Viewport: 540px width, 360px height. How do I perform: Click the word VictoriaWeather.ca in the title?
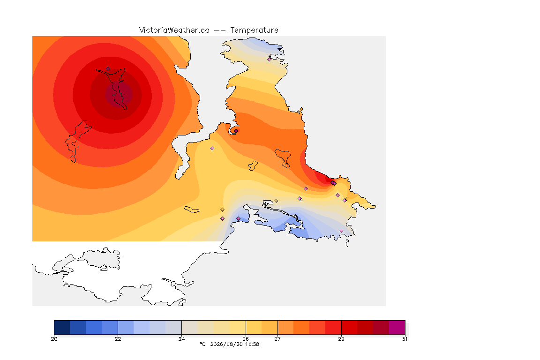click(174, 30)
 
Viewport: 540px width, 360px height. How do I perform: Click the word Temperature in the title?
click(254, 30)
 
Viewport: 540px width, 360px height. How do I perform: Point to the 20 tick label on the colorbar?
click(54, 339)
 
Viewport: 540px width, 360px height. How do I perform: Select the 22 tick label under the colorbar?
click(118, 339)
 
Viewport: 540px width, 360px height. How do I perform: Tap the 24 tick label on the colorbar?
click(181, 339)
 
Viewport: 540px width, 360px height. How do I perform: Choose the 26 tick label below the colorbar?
click(246, 339)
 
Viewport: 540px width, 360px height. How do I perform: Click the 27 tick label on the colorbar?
click(277, 339)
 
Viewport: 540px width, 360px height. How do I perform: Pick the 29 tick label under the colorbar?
click(341, 339)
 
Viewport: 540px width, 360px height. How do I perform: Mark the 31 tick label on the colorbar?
click(405, 339)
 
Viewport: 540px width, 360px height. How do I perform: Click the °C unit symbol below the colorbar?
click(202, 344)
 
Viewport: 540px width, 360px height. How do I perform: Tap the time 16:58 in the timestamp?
click(252, 344)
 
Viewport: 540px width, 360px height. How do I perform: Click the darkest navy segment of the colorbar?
click(62, 327)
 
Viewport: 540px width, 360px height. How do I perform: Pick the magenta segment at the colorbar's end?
click(397, 327)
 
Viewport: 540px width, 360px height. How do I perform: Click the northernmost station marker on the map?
click(270, 59)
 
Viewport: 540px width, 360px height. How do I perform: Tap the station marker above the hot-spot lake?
click(108, 69)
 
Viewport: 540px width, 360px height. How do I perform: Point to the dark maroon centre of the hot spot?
click(119, 94)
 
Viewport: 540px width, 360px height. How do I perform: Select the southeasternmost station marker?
click(341, 231)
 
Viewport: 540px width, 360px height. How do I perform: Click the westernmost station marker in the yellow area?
click(212, 149)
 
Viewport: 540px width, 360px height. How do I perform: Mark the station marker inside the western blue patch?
click(238, 219)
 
